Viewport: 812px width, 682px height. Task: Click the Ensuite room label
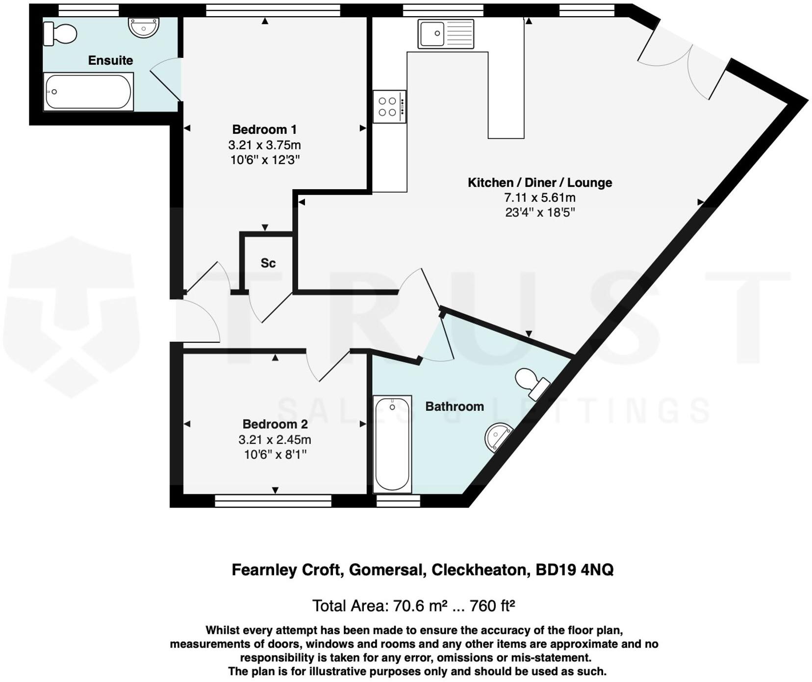click(x=110, y=60)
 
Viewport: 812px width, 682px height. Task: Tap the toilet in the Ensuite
click(x=60, y=34)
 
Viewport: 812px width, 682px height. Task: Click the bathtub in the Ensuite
click(x=88, y=92)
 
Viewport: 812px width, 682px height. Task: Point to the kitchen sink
click(x=445, y=34)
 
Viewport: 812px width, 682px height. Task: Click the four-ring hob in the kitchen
click(x=388, y=106)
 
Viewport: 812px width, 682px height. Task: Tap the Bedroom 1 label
click(x=264, y=129)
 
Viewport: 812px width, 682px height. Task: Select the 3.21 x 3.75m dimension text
click(x=264, y=145)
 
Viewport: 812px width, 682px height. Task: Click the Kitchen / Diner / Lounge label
click(x=539, y=182)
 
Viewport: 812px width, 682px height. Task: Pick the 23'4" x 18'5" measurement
click(x=539, y=212)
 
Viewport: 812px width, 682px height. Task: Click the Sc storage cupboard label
click(x=268, y=263)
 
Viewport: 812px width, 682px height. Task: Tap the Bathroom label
click(x=454, y=406)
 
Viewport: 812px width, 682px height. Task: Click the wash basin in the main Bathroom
click(x=497, y=436)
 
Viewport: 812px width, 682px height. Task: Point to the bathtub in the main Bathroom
click(x=392, y=444)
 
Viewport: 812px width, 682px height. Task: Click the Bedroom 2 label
click(x=275, y=424)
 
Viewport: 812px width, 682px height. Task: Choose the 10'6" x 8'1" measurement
click(x=275, y=455)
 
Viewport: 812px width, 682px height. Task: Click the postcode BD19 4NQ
click(x=574, y=570)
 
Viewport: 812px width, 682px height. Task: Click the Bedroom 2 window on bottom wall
click(x=273, y=501)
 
